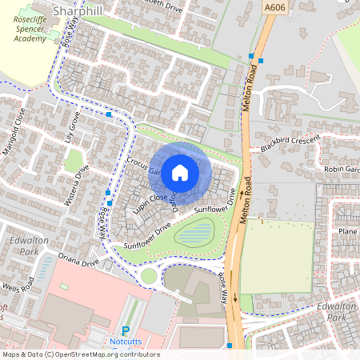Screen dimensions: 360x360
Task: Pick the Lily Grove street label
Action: coord(70,127)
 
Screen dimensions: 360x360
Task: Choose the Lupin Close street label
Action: coord(150,198)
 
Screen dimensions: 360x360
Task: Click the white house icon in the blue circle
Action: coord(180,172)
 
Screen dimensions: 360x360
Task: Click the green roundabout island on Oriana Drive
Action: coord(149,276)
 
